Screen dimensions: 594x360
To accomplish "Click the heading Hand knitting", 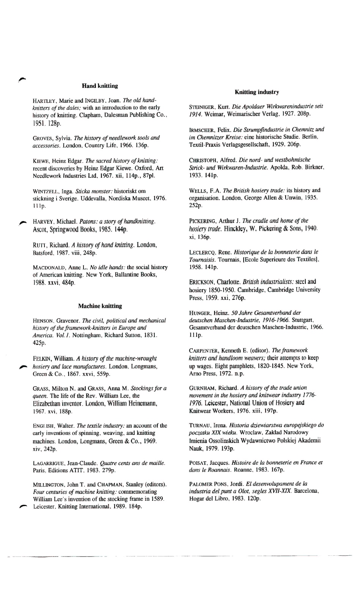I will [x=100, y=86].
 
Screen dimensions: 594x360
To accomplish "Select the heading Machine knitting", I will [x=100, y=306].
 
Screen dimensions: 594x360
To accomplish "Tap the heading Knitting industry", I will [x=257, y=92].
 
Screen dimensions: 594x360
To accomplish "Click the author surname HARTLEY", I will [x=45, y=101].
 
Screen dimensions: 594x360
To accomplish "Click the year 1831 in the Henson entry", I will [x=150, y=335].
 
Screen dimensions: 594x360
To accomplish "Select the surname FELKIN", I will [x=42, y=359].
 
